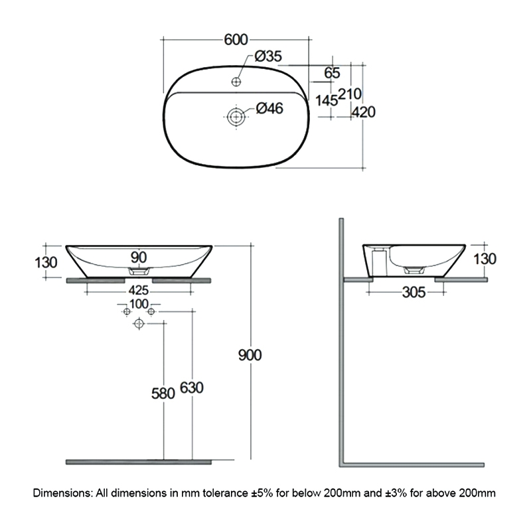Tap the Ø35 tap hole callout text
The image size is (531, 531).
pos(267,57)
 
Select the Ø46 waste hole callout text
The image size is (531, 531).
pos(269,109)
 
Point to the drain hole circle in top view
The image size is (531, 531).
pos(236,117)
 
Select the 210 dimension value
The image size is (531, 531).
pos(350,94)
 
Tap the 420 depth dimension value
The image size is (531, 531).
pos(364,112)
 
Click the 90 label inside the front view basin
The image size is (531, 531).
pos(139,257)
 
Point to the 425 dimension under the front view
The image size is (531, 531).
pos(139,290)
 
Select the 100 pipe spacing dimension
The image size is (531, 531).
pos(139,304)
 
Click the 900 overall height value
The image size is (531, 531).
pos(250,354)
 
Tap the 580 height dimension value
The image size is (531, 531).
pos(162,393)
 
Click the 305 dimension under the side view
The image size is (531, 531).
pos(414,290)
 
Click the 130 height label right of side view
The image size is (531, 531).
pos(485,259)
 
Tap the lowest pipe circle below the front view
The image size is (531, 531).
pos(139,324)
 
